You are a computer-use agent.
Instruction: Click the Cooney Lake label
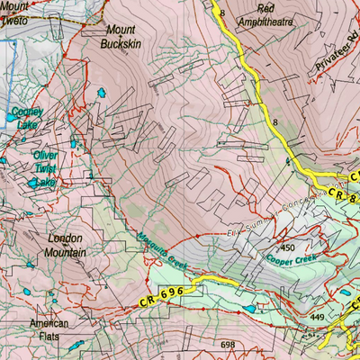point(26,119)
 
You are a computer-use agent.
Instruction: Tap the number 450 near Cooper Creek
point(289,247)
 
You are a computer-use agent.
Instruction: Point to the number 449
point(316,317)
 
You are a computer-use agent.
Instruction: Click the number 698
point(227,345)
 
